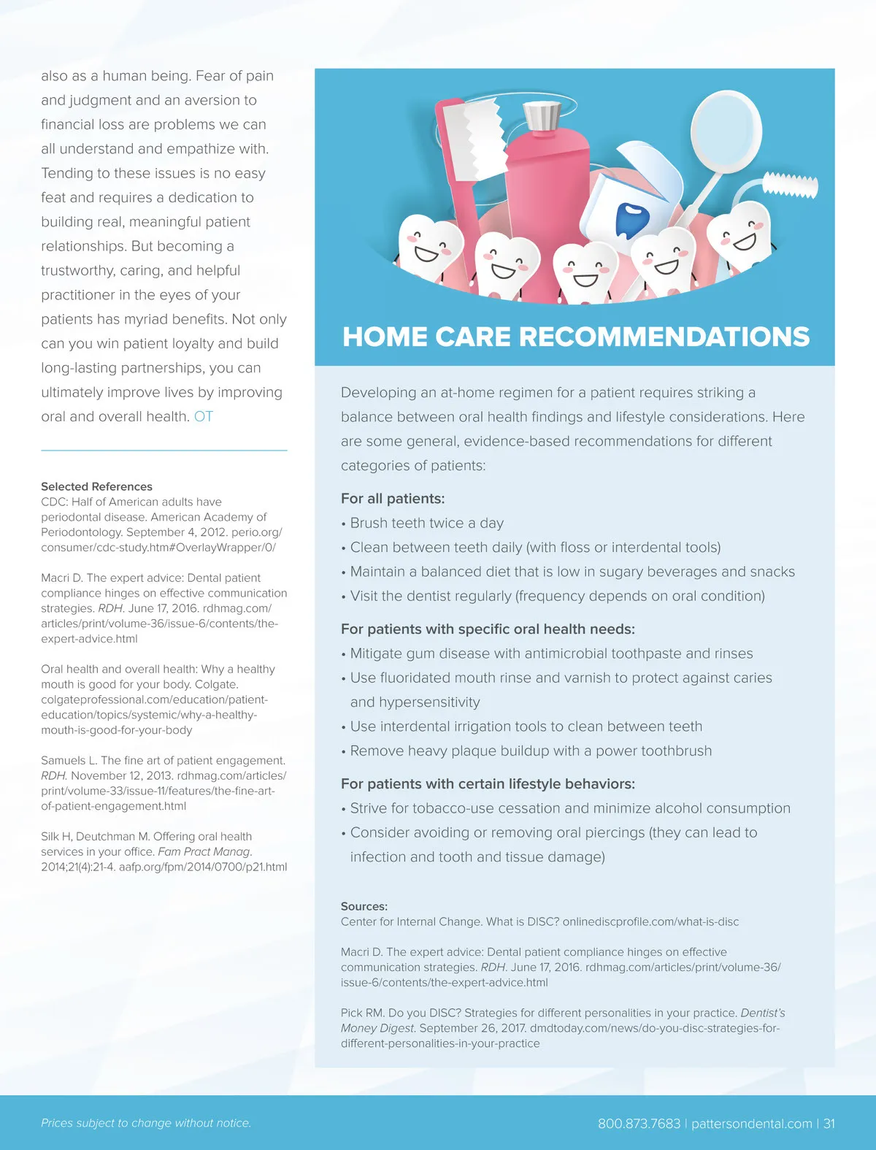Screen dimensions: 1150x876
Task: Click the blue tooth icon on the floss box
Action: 631,219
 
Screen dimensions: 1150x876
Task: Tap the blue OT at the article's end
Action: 204,417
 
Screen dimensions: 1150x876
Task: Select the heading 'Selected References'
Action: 96,486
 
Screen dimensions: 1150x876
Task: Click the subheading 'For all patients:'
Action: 393,499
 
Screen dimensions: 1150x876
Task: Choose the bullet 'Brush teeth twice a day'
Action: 426,524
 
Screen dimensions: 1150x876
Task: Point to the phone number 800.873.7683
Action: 639,1124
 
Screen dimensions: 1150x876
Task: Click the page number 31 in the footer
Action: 829,1124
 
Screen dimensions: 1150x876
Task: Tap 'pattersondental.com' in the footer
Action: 751,1124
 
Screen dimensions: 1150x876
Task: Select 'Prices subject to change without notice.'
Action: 146,1123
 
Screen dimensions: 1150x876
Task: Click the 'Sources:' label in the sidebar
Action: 364,906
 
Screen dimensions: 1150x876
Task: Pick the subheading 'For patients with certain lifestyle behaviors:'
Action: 488,784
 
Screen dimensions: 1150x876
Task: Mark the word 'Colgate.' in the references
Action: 217,684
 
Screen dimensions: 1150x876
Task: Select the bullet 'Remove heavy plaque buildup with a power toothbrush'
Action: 531,751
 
